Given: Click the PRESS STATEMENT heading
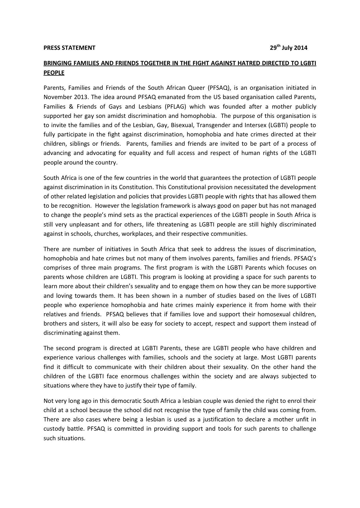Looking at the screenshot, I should pyautogui.click(x=69, y=48).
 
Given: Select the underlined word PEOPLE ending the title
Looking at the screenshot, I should pyautogui.click(x=54, y=73).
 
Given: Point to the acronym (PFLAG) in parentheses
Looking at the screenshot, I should pyautogui.click(x=175, y=107).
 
